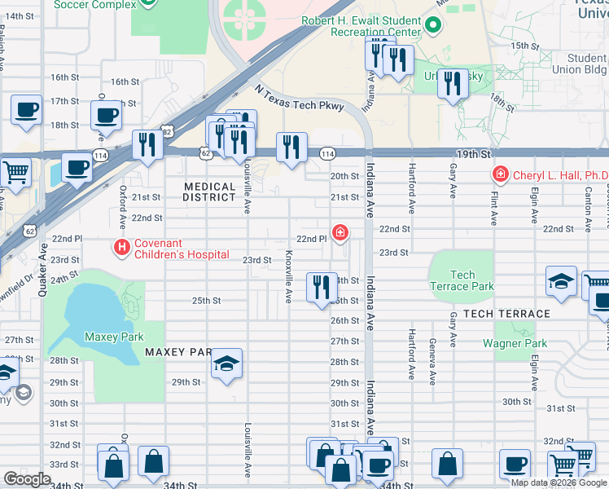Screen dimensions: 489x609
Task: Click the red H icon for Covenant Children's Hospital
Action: point(122,246)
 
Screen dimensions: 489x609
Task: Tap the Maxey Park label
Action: point(114,337)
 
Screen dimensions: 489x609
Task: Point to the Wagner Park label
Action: point(514,343)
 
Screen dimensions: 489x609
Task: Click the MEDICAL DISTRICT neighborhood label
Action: point(208,192)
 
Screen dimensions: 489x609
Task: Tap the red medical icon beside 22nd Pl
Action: point(340,234)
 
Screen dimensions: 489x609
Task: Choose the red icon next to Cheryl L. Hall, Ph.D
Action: point(499,174)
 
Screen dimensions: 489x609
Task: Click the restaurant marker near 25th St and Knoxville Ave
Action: point(322,287)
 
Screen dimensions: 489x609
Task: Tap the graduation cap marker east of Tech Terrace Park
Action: point(562,281)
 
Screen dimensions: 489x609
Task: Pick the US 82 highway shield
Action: point(167,130)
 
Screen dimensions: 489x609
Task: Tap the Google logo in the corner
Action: point(27,479)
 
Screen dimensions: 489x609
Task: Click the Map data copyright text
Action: point(559,482)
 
